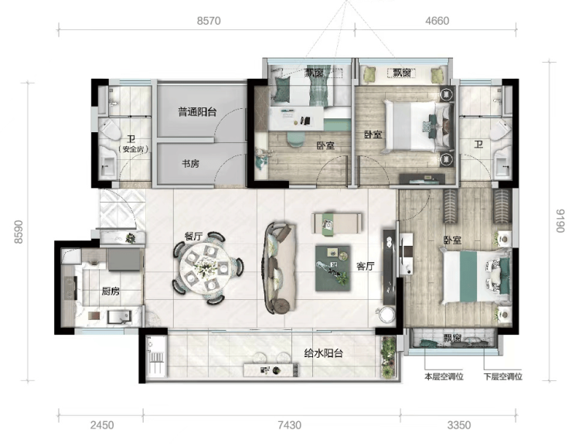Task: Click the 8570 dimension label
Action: (x=209, y=21)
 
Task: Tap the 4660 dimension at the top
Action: (x=437, y=21)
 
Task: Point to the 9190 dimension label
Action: (x=560, y=221)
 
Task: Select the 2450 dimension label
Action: (x=102, y=425)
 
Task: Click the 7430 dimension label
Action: (x=290, y=425)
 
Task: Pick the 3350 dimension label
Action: (x=459, y=425)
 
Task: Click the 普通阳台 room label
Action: (x=197, y=112)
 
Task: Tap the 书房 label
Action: (x=190, y=164)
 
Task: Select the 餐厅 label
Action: (x=193, y=237)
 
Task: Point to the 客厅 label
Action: (x=366, y=266)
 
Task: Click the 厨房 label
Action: (x=111, y=291)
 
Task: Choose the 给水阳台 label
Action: (x=324, y=353)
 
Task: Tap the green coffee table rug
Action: (x=332, y=268)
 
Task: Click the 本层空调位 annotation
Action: (x=444, y=376)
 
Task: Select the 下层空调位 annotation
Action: (x=503, y=376)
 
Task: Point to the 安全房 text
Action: (x=132, y=149)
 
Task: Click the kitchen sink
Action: (x=119, y=317)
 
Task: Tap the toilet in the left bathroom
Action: (x=110, y=129)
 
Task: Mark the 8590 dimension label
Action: (x=19, y=232)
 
